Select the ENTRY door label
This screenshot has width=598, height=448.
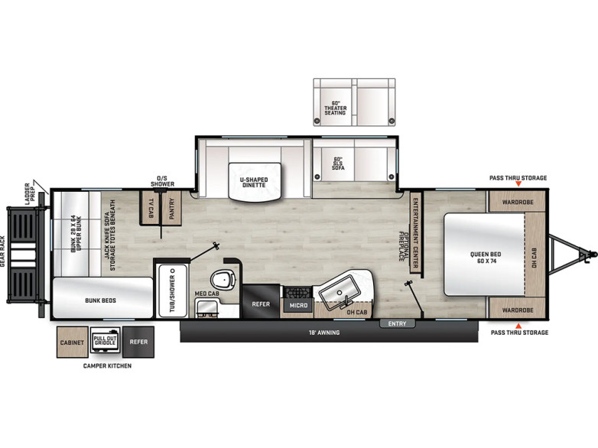pos(397,323)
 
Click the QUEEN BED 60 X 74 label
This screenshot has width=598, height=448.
pos(486,258)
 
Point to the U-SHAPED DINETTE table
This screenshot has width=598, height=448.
pos(255,180)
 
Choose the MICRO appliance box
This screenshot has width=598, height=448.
pos(298,305)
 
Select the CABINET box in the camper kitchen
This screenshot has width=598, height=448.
pos(72,342)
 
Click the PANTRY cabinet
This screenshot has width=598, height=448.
pos(171,208)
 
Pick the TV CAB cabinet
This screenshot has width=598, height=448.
pos(150,208)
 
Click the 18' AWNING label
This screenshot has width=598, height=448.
pos(324,333)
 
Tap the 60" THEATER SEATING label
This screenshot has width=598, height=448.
pos(335,108)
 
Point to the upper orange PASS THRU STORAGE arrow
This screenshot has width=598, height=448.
pos(518,184)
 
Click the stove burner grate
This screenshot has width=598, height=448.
pos(298,293)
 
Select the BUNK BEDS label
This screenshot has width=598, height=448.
pos(100,300)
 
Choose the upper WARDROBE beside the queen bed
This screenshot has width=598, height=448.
pos(517,202)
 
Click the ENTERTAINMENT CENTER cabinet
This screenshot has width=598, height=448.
pos(415,232)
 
